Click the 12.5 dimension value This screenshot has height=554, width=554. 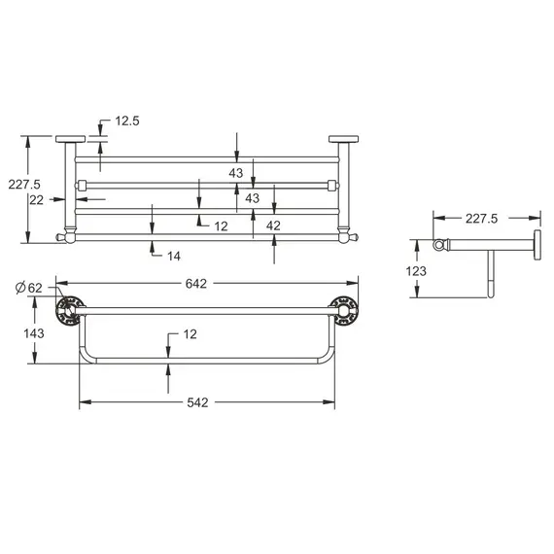coord(128,121)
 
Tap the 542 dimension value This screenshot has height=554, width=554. coord(199,400)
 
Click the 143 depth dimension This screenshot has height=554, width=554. coord(33,331)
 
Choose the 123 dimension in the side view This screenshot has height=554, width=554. coord(416,271)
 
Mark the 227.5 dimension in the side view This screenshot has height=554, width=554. coord(481,219)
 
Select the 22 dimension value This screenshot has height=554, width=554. coord(36,199)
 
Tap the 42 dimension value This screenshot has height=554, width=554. coord(275,225)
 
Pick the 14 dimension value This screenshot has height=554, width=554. coord(174,256)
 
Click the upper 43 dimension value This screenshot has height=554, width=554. coord(236,173)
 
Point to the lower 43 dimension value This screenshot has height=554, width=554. coord(253,198)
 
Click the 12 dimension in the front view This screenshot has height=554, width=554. coord(221,225)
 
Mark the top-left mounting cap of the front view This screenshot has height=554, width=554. coord(70,138)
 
